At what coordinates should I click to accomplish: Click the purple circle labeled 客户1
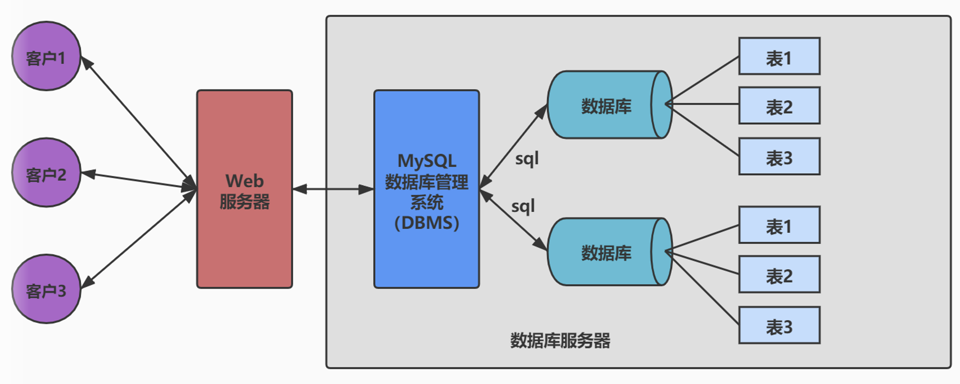pos(46,56)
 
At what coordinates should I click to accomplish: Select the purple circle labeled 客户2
pos(46,173)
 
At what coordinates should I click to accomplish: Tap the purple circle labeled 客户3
pos(46,289)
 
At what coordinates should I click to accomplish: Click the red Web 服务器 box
pos(245,189)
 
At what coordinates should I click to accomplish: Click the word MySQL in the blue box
pos(427,161)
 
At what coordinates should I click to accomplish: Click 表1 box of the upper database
pos(779,56)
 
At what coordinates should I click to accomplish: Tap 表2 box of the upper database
pos(779,106)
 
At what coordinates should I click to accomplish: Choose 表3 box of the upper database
pos(779,157)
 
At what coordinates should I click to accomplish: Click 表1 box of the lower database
pos(779,225)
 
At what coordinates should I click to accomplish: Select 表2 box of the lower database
pos(779,275)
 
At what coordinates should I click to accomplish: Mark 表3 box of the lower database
pos(779,326)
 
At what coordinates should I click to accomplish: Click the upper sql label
pos(526,159)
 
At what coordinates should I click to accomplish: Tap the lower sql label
pos(523,206)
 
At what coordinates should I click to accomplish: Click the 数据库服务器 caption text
pos(560,341)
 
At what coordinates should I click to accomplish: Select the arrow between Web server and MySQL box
pos(333,189)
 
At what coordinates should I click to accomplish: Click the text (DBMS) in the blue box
pos(427,223)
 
